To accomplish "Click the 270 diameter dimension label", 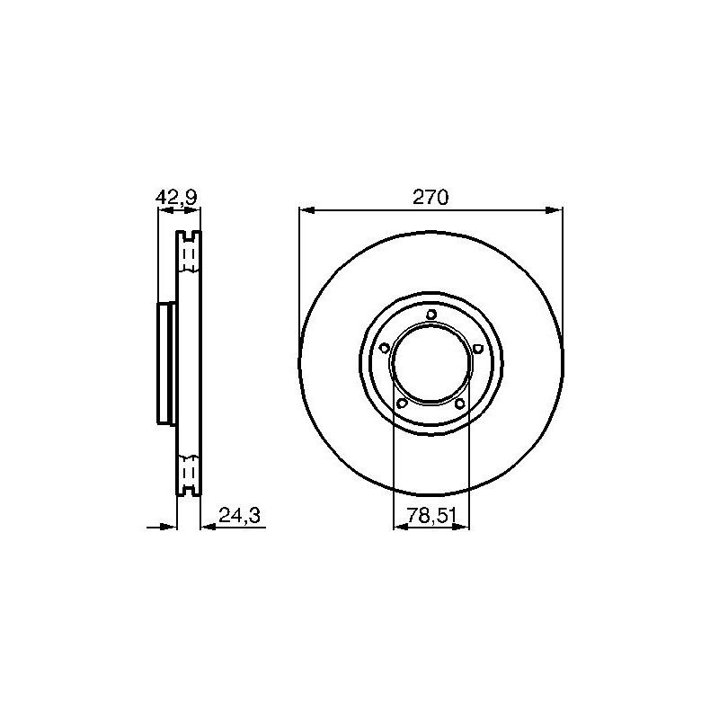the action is tap(431, 197).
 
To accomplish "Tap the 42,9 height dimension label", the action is tap(176, 198).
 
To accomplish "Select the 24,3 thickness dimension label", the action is tap(239, 515).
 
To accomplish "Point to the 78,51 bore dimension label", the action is tap(432, 516).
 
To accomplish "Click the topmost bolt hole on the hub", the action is tap(431, 315).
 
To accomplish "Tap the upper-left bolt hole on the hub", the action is tap(385, 348).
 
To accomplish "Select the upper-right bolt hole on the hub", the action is tap(477, 349).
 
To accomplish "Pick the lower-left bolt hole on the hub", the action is tap(402, 403).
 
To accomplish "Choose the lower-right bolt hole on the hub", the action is tap(460, 403).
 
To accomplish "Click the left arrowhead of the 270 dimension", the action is tap(306, 210).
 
